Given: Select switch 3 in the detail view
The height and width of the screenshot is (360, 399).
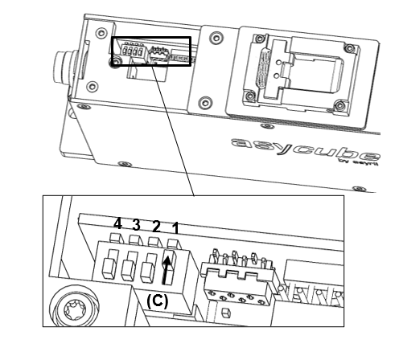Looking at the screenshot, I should [129, 264].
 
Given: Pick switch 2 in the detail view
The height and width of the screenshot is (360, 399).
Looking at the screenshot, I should [147, 267].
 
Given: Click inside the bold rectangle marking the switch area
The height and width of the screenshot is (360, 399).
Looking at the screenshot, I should [150, 51].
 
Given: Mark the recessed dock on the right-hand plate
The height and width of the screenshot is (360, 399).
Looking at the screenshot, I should [286, 68].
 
